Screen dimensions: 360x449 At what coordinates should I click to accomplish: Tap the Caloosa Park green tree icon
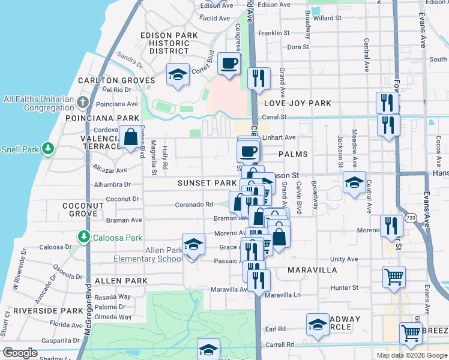click(85, 237)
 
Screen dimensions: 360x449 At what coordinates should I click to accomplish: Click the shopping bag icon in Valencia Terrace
click(130, 137)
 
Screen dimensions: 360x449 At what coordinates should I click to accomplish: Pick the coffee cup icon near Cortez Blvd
click(229, 64)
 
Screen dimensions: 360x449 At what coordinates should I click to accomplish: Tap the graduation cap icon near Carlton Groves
click(178, 75)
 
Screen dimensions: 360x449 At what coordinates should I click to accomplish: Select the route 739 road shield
click(411, 217)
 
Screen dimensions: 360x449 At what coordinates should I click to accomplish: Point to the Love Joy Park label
click(297, 103)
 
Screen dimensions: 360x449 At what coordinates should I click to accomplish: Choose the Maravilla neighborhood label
click(312, 270)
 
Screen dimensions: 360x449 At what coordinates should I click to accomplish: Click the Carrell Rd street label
click(282, 344)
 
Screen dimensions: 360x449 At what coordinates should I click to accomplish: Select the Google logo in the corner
click(20, 353)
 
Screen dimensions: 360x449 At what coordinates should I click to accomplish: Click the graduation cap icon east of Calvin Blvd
click(354, 182)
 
